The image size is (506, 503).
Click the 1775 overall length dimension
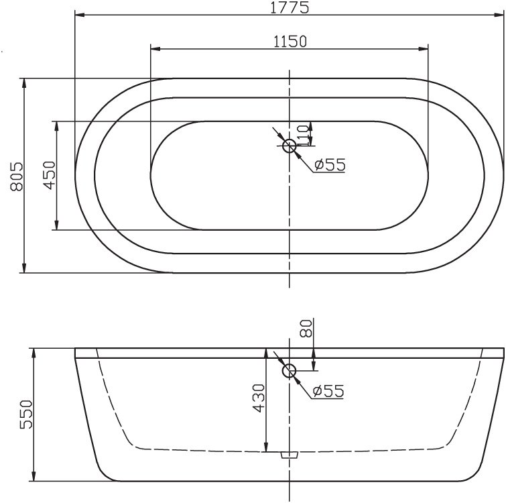[290, 7]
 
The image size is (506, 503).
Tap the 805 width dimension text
[17, 176]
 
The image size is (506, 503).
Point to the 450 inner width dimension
[48, 176]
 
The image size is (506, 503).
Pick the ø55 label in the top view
[328, 164]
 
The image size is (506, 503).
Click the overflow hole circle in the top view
[290, 146]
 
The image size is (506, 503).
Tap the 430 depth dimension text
[258, 399]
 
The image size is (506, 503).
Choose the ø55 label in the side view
[328, 390]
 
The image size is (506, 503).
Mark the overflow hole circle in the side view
[290, 370]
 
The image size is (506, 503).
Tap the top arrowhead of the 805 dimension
[25, 82]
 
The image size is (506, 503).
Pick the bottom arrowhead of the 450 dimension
[56, 227]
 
